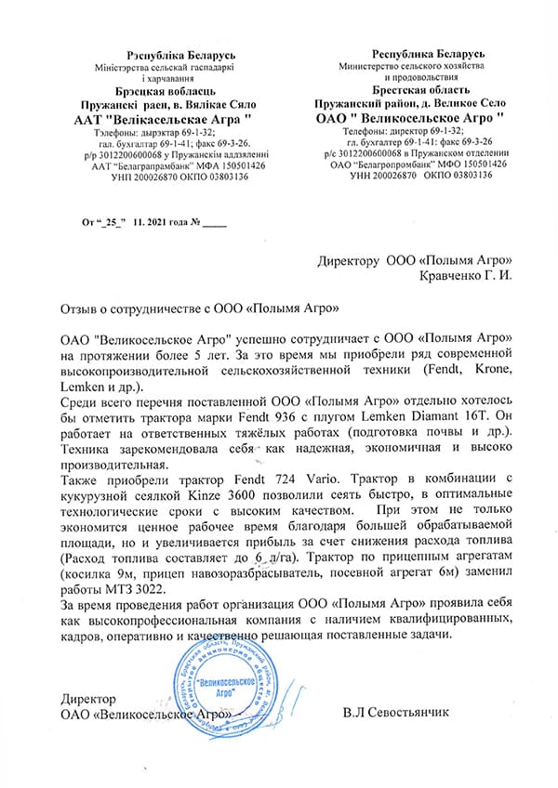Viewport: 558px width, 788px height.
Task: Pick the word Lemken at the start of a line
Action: coord(81,385)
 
